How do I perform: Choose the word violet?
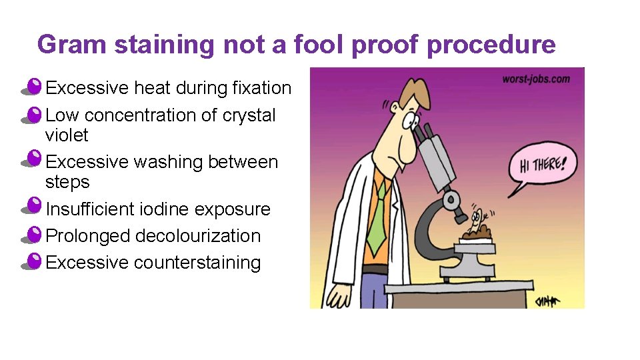(x=67, y=135)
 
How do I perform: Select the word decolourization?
(x=197, y=236)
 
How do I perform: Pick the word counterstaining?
(x=197, y=263)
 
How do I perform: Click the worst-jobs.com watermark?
(x=536, y=79)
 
